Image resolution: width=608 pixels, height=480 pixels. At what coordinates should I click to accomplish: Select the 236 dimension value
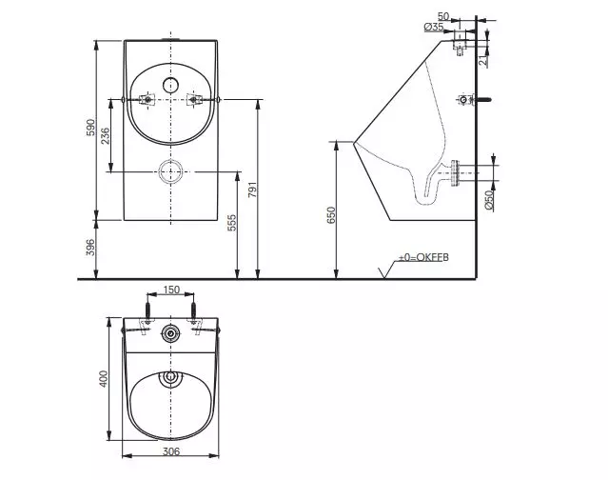(107, 136)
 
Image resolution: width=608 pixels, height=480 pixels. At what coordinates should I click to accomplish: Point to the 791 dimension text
(252, 189)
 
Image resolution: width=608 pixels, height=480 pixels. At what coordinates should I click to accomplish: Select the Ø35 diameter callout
(433, 28)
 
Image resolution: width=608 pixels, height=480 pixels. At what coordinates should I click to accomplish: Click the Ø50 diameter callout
(489, 200)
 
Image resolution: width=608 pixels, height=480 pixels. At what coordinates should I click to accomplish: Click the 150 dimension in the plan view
(170, 290)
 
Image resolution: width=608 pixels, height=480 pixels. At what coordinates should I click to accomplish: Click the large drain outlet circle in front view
(170, 172)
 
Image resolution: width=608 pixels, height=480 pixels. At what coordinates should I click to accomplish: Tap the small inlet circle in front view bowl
(170, 85)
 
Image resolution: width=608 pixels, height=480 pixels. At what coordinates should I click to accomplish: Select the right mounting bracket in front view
(196, 99)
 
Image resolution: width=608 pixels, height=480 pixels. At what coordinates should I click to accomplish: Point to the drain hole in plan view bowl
(171, 377)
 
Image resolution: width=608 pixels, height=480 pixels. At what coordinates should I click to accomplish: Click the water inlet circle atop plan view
(171, 332)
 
